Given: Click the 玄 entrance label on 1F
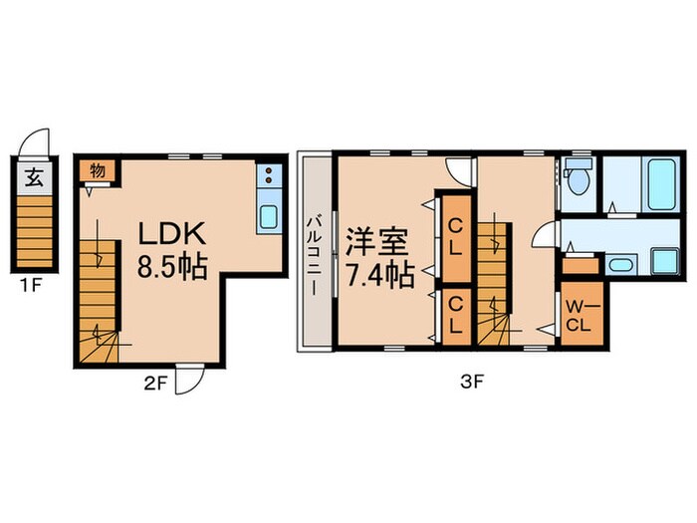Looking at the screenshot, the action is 34,178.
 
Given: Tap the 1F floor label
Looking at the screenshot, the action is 31,285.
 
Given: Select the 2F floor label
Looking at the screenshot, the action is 155,383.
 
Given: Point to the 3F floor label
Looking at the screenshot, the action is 472,382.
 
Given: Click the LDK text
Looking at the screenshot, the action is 172,233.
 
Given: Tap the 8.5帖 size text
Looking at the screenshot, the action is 172,267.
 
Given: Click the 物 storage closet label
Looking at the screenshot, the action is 98,169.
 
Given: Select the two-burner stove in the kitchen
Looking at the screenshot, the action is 269,174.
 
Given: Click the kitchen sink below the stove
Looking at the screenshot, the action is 269,217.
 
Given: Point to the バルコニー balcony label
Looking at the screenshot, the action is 316,255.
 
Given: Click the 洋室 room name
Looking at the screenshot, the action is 376,242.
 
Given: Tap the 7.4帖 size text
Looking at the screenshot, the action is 380,276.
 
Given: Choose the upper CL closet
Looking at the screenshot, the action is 456,237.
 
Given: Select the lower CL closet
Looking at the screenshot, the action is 456,316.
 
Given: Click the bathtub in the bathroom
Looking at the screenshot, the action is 662,184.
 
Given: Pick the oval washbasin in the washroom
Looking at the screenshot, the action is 621,265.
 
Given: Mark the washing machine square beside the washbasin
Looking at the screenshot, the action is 664,261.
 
